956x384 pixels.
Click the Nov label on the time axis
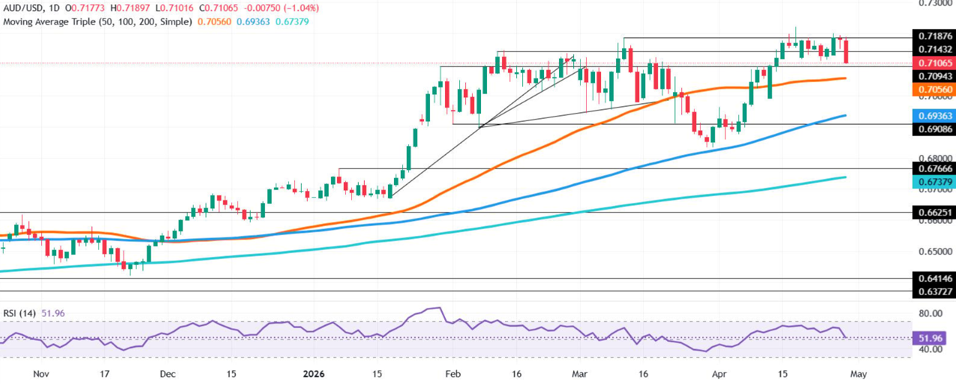pyautogui.click(x=42, y=372)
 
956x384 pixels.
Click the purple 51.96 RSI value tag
pyautogui.click(x=931, y=337)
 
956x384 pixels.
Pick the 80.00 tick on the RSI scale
pyautogui.click(x=931, y=313)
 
